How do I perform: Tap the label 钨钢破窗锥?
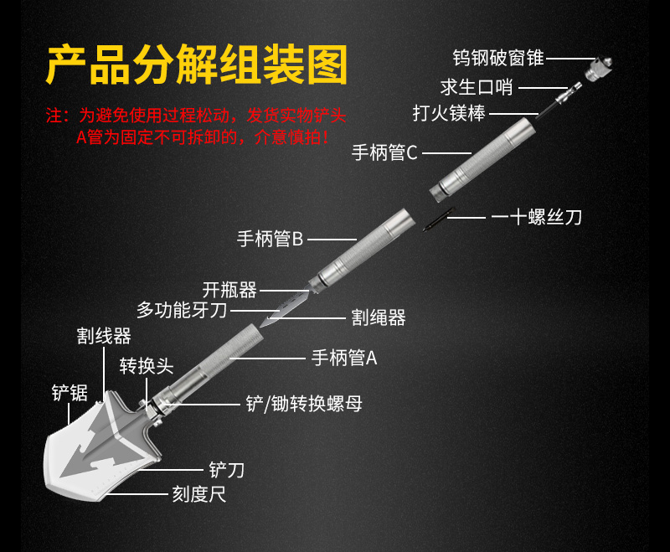498,58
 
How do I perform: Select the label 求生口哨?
477,86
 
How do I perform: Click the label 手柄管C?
384,152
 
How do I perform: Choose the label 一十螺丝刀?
536,217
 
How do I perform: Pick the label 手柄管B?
270,240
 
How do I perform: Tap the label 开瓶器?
229,290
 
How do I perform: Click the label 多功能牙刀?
182,311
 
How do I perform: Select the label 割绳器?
379,317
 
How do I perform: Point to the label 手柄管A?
344,359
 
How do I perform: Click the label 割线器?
104,337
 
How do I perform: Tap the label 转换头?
146,366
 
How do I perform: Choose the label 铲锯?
69,392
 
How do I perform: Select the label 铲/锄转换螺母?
304,404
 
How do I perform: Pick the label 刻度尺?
199,495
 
